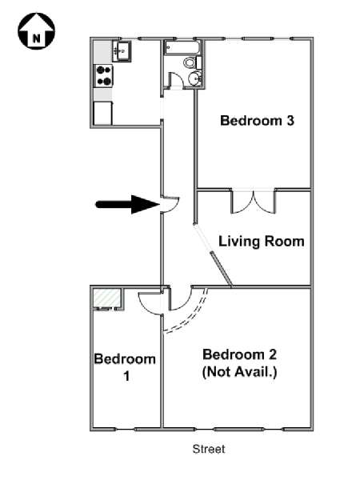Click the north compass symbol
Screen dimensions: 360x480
37,30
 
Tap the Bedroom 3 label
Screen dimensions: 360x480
257,120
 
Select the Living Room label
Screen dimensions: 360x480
262,242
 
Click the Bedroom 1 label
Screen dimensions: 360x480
125,367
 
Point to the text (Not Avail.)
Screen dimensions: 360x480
240,372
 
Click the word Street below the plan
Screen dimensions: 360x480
209,449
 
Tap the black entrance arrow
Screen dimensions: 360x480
128,204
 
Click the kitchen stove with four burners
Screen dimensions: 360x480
103,75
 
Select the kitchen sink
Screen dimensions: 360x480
122,50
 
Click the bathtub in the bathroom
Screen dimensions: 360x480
182,47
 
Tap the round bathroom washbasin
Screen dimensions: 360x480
194,78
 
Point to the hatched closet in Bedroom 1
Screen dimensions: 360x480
107,298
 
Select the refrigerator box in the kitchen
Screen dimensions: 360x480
103,113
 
